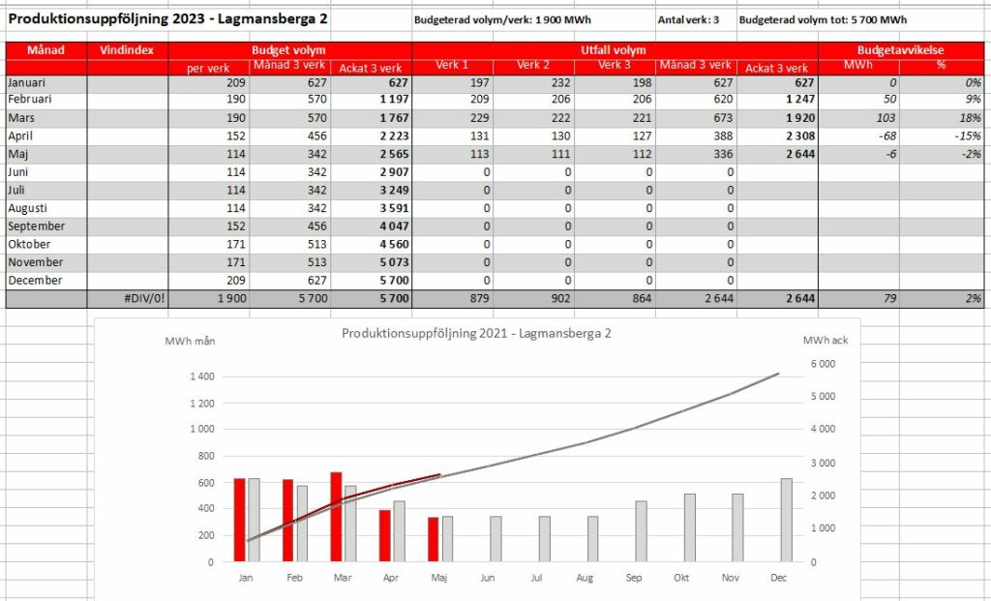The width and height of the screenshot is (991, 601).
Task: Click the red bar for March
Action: [x=336, y=517]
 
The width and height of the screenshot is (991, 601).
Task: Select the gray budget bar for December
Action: [x=786, y=520]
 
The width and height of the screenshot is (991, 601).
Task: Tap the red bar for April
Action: [x=385, y=536]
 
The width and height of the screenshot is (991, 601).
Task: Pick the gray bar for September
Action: [x=641, y=531]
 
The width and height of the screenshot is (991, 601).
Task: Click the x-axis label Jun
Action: [x=488, y=578]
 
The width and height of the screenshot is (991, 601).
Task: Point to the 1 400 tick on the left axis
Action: [x=202, y=376]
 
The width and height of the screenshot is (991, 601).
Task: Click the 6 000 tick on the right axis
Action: [x=823, y=364]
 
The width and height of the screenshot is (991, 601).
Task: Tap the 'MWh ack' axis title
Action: [x=826, y=340]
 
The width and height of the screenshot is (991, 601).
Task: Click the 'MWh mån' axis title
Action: [x=191, y=342]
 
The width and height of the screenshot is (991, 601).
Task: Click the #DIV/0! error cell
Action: [x=145, y=298]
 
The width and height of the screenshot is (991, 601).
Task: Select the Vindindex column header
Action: [x=127, y=50]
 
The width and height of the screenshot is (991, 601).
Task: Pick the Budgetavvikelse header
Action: [x=901, y=50]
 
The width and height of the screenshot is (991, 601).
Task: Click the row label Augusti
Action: [x=28, y=208]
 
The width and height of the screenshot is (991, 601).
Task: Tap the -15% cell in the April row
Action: [x=968, y=135]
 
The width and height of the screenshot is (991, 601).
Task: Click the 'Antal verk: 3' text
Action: [x=688, y=19]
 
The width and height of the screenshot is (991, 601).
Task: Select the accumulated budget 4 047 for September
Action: [x=395, y=226]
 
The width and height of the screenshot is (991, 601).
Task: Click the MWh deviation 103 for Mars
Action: [x=886, y=118]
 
